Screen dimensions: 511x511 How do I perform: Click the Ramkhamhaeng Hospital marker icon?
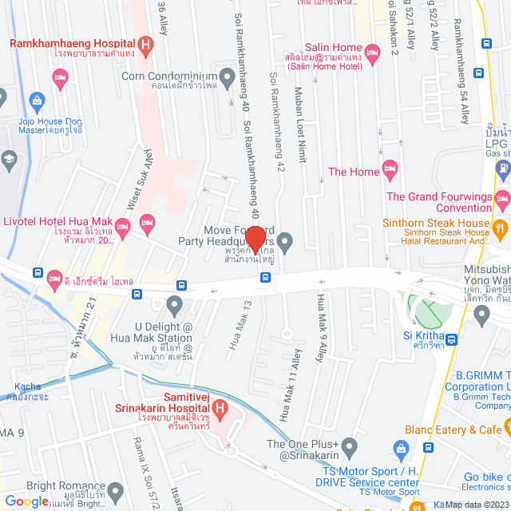click(145, 46)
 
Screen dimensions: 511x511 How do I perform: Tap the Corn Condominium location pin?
click(228, 77)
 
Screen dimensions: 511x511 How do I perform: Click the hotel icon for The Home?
click(390, 170)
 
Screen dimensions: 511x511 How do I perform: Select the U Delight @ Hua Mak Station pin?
click(175, 304)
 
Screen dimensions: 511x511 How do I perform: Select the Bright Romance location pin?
click(116, 490)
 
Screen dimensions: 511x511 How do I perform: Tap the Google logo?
click(26, 501)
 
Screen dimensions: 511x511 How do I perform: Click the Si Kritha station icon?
click(452, 339)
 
